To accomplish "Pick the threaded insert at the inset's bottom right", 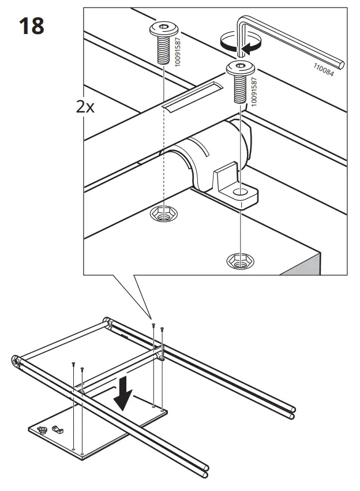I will pyautogui.click(x=238, y=261).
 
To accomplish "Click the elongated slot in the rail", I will pyautogui.click(x=192, y=96).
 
